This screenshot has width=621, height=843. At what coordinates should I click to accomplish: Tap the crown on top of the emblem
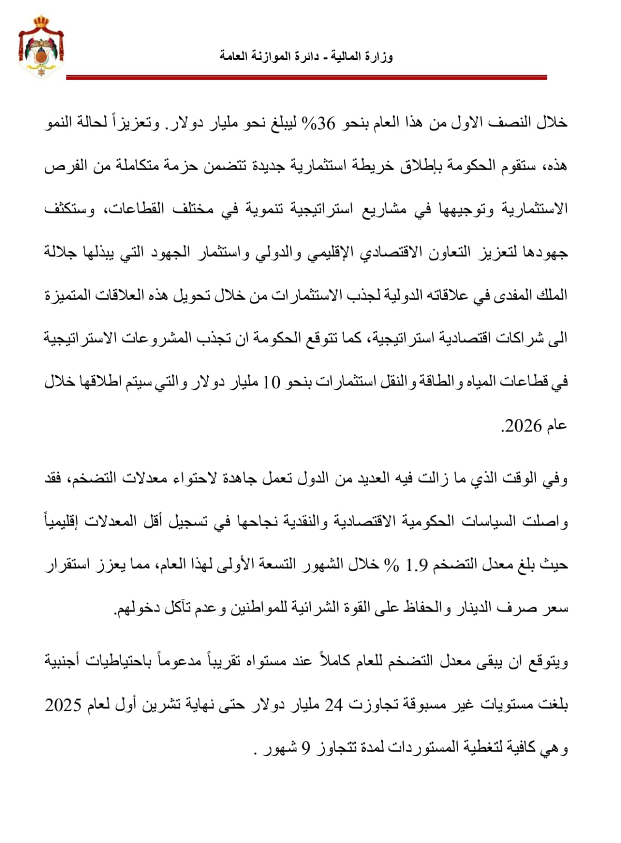[x=41, y=22]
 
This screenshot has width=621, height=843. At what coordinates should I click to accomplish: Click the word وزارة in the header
[x=379, y=56]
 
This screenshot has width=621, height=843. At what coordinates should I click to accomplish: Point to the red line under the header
[x=306, y=78]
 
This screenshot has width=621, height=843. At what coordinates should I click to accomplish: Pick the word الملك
[x=554, y=295]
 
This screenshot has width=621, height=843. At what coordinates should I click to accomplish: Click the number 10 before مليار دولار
[x=271, y=382]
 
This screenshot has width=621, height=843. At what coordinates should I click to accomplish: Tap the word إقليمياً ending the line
[x=65, y=522]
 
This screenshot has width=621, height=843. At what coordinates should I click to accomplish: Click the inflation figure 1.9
[x=417, y=565]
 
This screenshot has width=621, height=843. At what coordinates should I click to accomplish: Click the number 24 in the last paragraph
[x=333, y=704]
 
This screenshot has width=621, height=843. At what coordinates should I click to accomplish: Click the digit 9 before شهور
[x=306, y=748]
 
